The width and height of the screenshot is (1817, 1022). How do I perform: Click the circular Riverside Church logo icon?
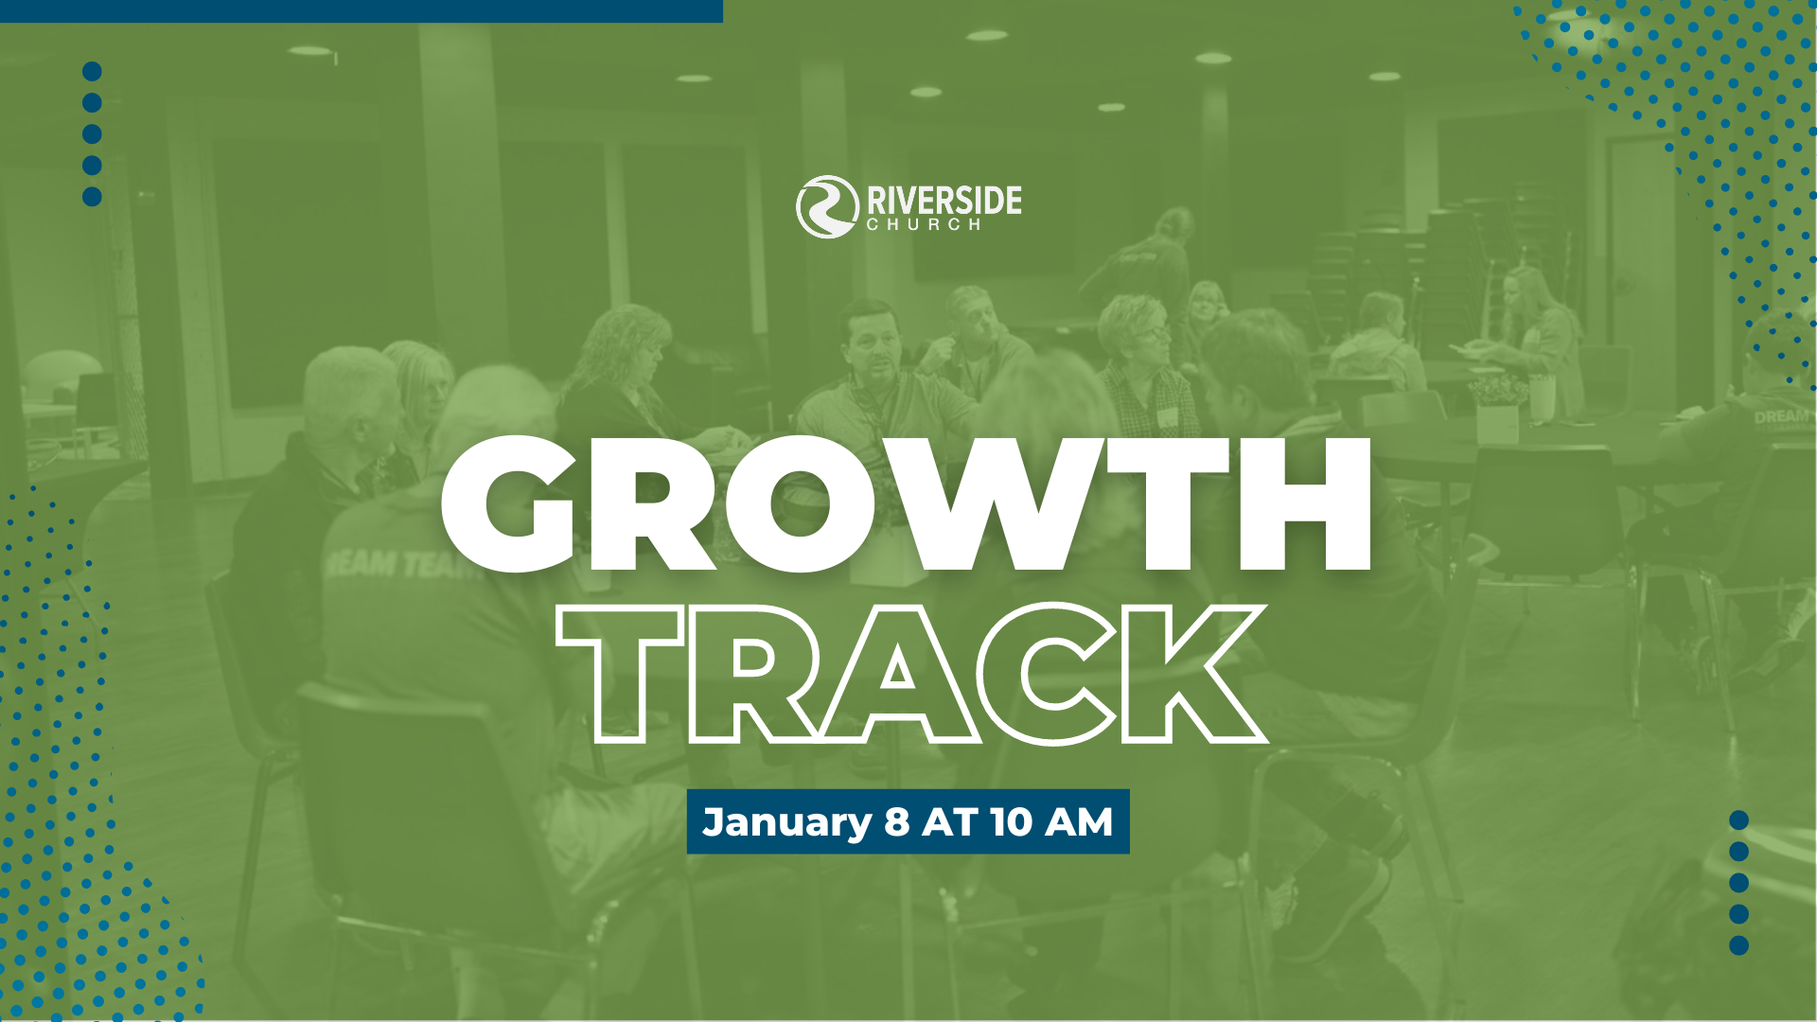(826, 206)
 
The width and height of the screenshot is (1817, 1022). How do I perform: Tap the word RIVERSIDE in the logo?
(944, 200)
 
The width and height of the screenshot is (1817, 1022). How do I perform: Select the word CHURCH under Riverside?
(924, 225)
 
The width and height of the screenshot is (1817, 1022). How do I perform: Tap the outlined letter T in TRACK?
(620, 674)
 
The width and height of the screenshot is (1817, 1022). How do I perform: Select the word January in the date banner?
(786, 822)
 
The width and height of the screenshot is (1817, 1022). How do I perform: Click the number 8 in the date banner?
(897, 822)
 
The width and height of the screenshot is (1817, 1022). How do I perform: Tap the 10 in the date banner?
(1011, 822)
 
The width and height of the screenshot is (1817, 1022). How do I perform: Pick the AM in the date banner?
(1079, 822)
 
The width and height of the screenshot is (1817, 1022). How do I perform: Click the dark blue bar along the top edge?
(362, 10)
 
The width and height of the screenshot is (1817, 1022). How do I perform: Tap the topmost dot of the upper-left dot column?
(92, 72)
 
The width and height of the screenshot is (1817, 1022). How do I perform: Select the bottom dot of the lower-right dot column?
(1738, 945)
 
